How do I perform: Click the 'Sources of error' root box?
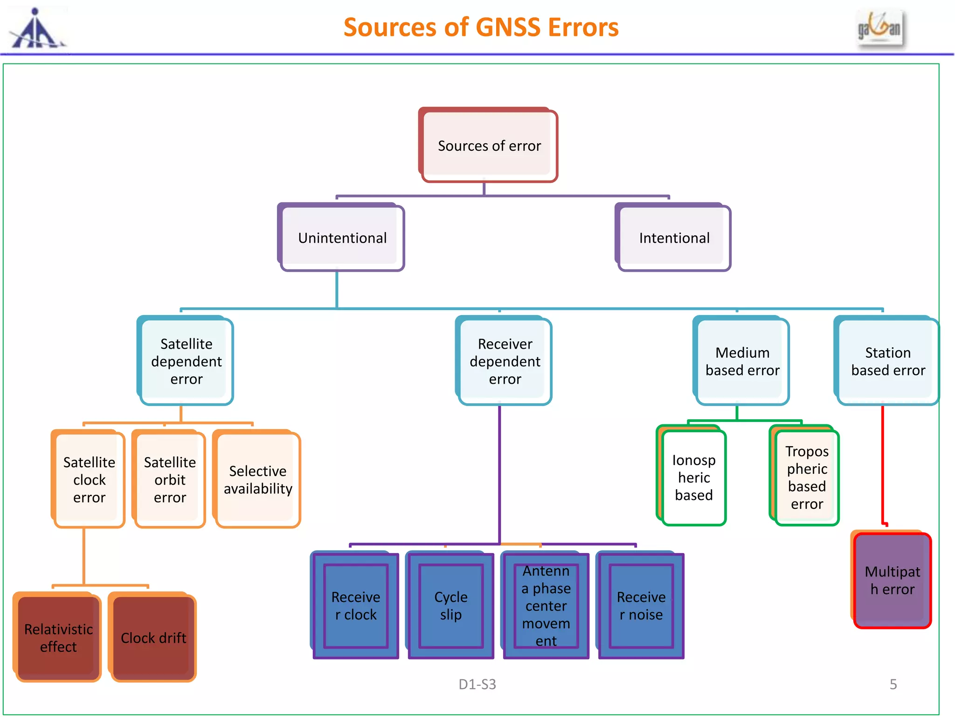(489, 146)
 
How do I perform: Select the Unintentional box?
(342, 238)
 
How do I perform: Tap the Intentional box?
(674, 238)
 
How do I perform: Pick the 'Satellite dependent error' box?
(186, 361)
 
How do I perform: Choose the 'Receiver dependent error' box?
(505, 361)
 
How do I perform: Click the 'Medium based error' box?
(742, 361)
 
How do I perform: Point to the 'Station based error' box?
(887, 361)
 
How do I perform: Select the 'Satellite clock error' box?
(89, 480)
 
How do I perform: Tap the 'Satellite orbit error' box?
(170, 480)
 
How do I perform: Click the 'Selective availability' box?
(257, 480)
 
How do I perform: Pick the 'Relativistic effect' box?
(58, 638)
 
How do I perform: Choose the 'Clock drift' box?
(153, 638)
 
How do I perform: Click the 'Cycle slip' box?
(450, 606)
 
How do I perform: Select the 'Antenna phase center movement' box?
(546, 606)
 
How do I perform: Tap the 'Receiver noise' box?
(641, 606)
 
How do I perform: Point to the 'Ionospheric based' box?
(693, 477)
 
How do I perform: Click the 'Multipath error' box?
(892, 580)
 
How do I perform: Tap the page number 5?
(893, 684)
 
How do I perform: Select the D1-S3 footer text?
(477, 684)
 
